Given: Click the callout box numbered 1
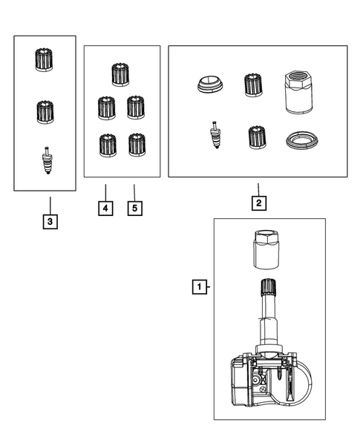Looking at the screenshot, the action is (200, 287).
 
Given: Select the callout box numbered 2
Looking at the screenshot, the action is (259, 203).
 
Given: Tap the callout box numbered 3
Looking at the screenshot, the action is (50, 222).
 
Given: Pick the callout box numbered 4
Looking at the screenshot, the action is (105, 208).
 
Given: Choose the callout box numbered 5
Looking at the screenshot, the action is (135, 208).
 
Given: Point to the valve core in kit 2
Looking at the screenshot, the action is (215, 135).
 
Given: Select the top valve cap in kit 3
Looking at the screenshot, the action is (44, 59).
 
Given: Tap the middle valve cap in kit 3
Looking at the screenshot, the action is (45, 112).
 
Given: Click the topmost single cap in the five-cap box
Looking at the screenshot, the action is (120, 74).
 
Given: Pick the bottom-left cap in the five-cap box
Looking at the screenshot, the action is (108, 145).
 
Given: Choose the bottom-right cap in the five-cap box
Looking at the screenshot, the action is (137, 145).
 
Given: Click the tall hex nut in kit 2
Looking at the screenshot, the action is (298, 92).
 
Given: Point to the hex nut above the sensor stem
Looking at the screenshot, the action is (266, 250).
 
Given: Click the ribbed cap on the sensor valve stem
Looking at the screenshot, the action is (268, 286).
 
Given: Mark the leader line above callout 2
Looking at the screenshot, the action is (258, 189).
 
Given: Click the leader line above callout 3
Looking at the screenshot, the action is (50, 206).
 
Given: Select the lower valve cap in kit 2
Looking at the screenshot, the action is (257, 137).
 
